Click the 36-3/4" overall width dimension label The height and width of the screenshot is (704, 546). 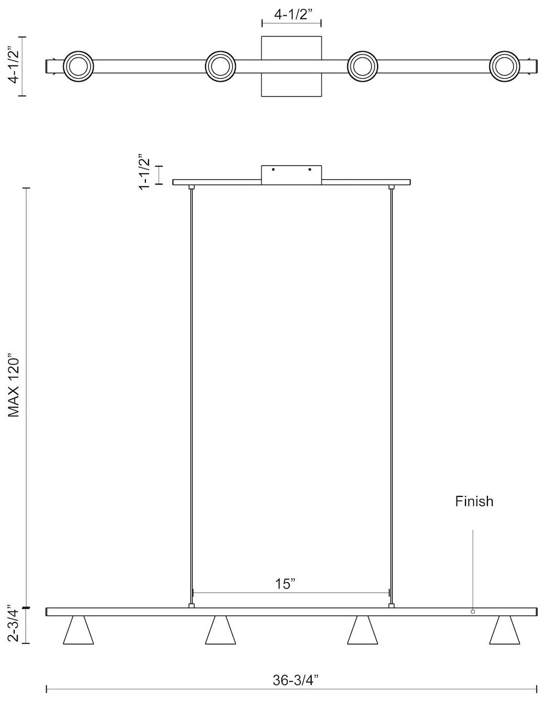pos(295,680)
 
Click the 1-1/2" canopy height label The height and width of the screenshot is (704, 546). pos(145,172)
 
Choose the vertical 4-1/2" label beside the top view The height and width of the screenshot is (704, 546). pos(15,65)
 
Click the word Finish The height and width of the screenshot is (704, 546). pos(474,502)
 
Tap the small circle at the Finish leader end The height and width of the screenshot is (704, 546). pos(473,611)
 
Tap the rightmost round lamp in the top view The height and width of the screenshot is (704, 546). pos(505,66)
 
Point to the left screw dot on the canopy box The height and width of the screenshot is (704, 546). pos(273,169)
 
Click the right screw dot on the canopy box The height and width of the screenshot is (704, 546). pos(310,169)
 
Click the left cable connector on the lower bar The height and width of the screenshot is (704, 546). pos(192,606)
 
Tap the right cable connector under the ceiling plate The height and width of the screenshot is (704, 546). pos(391,187)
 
